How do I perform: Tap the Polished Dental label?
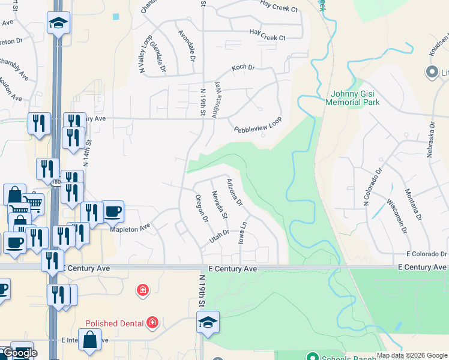pos(114,323)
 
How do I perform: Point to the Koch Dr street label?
pos(243,68)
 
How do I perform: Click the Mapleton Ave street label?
pos(129,228)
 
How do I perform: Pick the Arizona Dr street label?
pos(234,191)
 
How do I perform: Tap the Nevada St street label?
pos(220,204)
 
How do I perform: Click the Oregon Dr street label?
pos(202,207)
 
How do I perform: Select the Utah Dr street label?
pos(219,235)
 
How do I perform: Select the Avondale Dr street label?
pos(187,46)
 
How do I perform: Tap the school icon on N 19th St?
pos(208,322)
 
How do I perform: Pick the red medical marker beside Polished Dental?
pos(152,323)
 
